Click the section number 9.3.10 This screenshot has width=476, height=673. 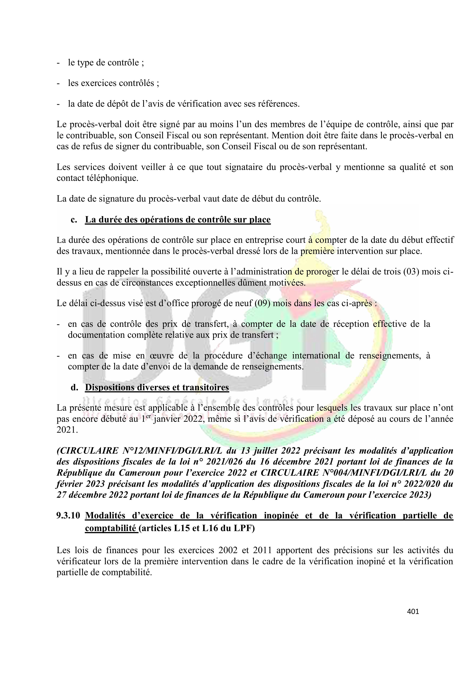[x=68, y=515]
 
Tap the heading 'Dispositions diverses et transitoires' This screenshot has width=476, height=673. [x=157, y=387]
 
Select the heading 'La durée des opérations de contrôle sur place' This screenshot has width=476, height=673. [x=178, y=220]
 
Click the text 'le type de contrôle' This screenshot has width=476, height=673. [x=103, y=63]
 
